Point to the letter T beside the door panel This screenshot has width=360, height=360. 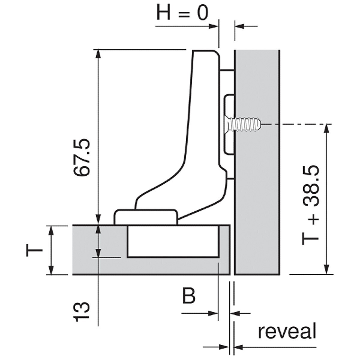pos(34,250)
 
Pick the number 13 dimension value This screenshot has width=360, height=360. pos(82,312)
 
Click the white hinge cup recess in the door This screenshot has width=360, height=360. pos(173,241)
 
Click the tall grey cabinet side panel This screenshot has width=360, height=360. pos(257,162)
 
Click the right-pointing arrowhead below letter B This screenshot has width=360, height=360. pos(213,313)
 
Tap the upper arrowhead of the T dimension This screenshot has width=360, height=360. pos(51,231)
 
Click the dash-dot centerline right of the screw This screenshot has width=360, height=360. pos(297,124)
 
